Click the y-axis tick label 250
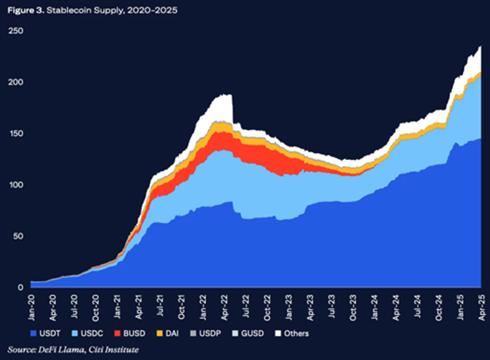click(15, 31)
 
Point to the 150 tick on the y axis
click(16, 133)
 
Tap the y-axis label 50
click(18, 236)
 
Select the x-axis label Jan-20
click(31, 308)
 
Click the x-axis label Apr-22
click(225, 308)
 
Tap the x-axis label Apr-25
click(482, 308)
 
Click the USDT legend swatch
click(33, 333)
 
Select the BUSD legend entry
click(130, 333)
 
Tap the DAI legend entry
click(168, 333)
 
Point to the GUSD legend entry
click(248, 333)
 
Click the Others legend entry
click(292, 333)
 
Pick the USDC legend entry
click(88, 333)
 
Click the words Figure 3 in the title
click(25, 10)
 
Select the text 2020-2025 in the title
click(152, 10)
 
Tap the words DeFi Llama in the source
click(61, 349)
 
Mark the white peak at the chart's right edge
click(481, 46)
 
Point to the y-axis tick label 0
click(21, 288)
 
